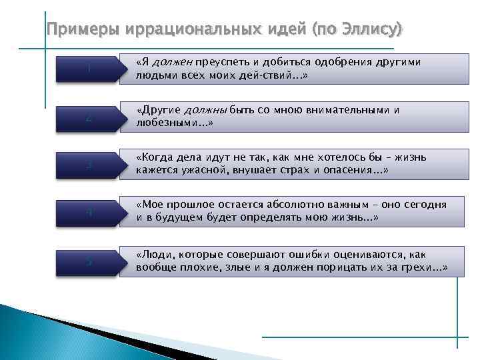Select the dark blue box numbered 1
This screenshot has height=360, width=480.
89,69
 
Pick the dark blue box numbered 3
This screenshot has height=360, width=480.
89,165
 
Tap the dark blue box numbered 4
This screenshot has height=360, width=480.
89,213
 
